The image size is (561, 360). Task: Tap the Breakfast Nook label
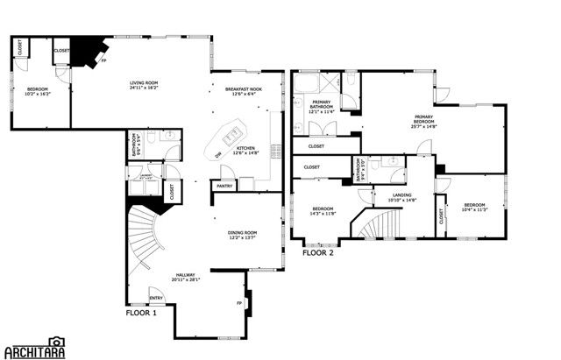tap(244, 91)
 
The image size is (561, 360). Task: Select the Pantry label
tap(224, 186)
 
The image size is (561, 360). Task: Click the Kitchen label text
tap(245, 151)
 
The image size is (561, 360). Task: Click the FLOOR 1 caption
tap(141, 313)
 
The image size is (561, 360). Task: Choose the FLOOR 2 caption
tap(319, 252)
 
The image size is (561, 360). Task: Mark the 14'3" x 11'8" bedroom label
tap(323, 210)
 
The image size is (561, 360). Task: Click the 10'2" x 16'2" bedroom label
tap(38, 92)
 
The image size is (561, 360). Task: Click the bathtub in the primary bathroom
tap(309, 86)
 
